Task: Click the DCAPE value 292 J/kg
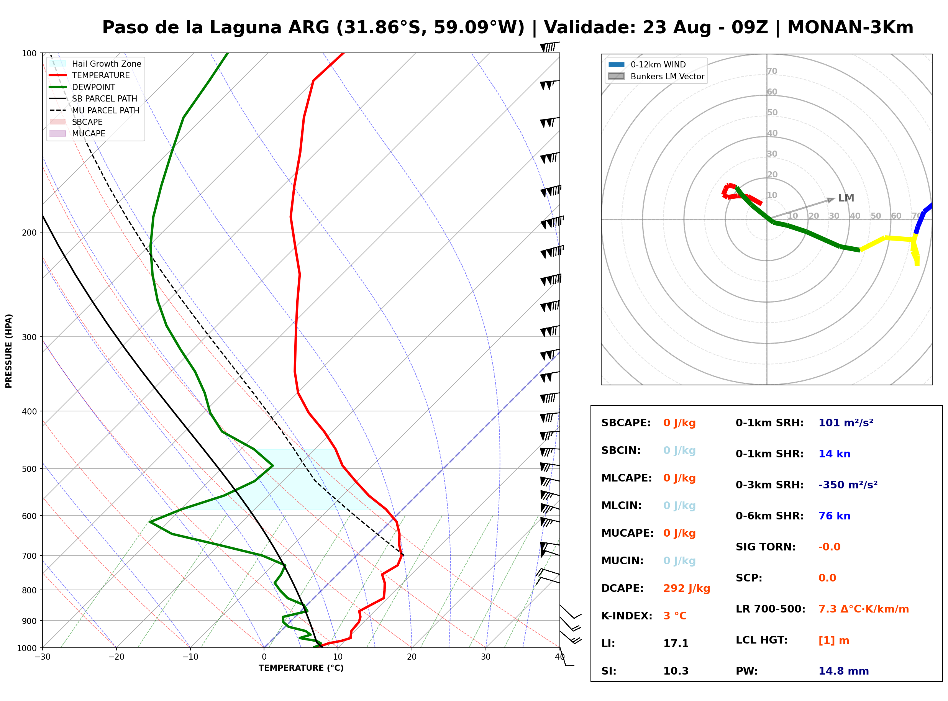(x=687, y=588)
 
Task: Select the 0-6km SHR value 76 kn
(x=834, y=516)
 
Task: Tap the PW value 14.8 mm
(x=844, y=671)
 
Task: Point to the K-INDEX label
(x=627, y=616)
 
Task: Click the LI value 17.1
(x=676, y=644)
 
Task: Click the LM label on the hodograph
(x=846, y=198)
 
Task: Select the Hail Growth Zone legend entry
(x=95, y=64)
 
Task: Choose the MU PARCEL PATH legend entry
(x=94, y=110)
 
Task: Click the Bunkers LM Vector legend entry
(x=656, y=76)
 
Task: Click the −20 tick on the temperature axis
(x=116, y=657)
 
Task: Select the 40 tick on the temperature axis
(x=560, y=657)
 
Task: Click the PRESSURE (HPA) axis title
(x=9, y=351)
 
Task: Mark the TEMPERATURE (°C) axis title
(x=301, y=668)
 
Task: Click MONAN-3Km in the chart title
(x=850, y=28)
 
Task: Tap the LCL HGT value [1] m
(x=834, y=640)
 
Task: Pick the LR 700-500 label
(x=771, y=609)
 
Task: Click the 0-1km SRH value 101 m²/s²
(x=846, y=423)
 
